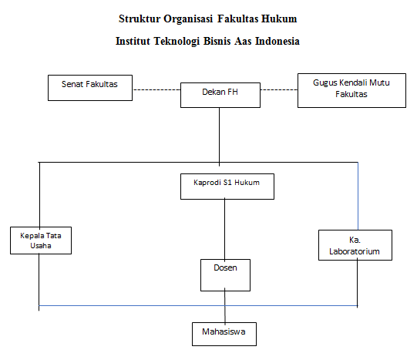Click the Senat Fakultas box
[90, 88]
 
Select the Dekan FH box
[220, 95]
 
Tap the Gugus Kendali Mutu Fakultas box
[351, 91]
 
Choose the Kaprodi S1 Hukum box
[227, 187]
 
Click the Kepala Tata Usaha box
[41, 241]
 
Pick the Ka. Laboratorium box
[355, 245]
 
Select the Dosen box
[225, 275]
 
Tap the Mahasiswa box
[224, 335]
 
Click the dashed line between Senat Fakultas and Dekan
[156, 90]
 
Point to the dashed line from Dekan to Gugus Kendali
[279, 90]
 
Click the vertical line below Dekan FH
[219, 137]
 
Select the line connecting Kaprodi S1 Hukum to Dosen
[225, 229]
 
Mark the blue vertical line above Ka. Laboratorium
[358, 196]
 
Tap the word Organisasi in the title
[188, 19]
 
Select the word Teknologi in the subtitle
[177, 42]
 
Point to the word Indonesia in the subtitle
[277, 41]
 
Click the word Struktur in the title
[140, 19]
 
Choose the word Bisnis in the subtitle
[217, 41]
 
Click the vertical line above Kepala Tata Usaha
[39, 194]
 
